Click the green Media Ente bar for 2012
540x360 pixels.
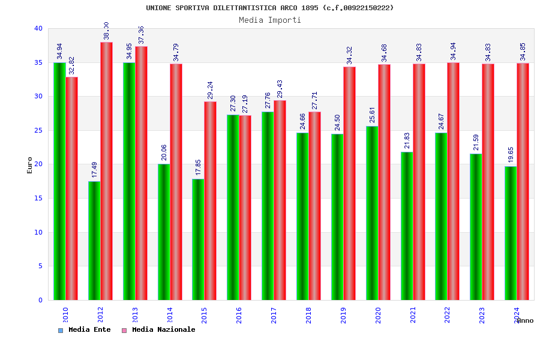pos(94,240)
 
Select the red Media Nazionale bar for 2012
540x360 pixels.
pos(106,171)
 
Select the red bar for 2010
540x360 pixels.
pos(71,188)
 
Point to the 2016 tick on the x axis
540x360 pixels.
pos(239,315)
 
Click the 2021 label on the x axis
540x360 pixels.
pos(413,315)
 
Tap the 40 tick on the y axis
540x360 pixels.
pos(38,28)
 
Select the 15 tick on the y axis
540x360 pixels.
pos(38,198)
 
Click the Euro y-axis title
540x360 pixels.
pos(30,165)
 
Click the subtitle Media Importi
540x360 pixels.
pos(270,20)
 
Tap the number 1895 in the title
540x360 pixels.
pos(310,8)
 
